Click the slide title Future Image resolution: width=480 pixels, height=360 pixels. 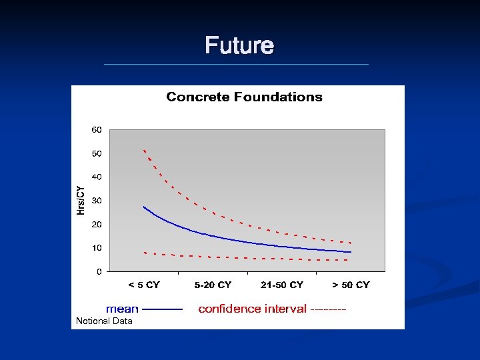tap(239, 46)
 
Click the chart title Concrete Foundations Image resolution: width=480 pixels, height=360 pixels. tap(244, 97)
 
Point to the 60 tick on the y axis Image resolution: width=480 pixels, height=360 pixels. tap(97, 129)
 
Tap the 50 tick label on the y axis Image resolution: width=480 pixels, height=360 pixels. tap(97, 153)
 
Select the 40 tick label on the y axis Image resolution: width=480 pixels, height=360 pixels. tap(97, 177)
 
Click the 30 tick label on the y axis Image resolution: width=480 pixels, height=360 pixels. tap(97, 201)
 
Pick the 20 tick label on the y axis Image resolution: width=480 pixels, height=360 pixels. tap(97, 224)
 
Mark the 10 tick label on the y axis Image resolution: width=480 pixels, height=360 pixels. tap(97, 248)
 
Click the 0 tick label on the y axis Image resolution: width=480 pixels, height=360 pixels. tap(99, 271)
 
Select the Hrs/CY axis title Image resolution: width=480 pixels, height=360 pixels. tap(81, 200)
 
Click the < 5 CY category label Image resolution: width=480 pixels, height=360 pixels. tap(144, 285)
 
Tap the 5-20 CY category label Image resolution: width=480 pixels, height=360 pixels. tap(213, 285)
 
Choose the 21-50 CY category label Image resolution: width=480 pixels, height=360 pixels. tap(282, 285)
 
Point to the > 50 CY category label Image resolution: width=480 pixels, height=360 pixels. tap(351, 285)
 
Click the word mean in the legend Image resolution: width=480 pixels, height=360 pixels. tap(122, 309)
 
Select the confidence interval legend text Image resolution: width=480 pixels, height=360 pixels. tap(253, 309)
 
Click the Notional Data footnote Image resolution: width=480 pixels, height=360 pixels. tap(104, 321)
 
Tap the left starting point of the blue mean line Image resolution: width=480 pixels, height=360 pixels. tap(144, 207)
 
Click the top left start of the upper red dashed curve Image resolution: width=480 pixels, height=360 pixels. tap(144, 150)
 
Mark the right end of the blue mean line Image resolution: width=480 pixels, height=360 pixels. tap(351, 252)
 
